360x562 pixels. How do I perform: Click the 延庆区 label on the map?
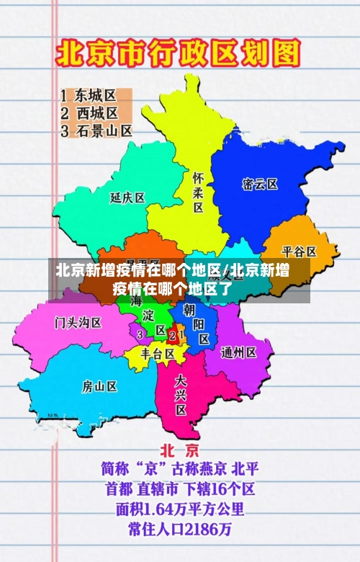(127, 197)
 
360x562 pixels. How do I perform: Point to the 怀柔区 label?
(198, 192)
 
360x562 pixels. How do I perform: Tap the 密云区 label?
(260, 184)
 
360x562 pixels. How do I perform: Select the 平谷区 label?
(299, 251)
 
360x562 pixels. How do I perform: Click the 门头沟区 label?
(78, 322)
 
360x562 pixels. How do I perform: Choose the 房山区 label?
(99, 386)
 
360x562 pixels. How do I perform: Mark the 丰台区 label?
(158, 354)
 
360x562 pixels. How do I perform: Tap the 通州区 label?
(239, 352)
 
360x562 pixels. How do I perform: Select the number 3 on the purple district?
(140, 334)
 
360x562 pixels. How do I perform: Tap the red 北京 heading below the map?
(179, 451)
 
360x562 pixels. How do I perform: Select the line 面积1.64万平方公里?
(180, 509)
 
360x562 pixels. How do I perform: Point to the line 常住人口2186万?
(180, 530)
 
